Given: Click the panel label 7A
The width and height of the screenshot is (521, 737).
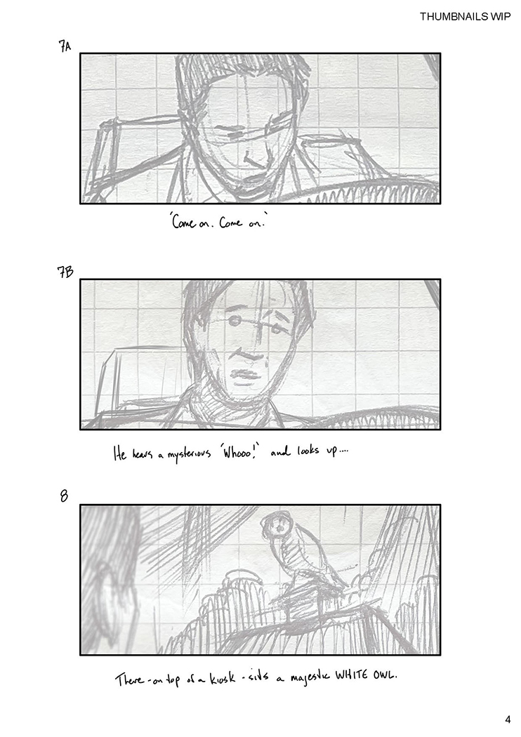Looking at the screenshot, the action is point(65,46).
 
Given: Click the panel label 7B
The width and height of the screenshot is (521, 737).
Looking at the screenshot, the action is point(65,272).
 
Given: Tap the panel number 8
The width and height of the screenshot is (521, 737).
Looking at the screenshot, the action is point(64,496).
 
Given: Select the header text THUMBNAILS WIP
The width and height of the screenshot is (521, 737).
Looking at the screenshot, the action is point(465,17).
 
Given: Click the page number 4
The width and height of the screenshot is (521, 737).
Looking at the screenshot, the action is point(508,719).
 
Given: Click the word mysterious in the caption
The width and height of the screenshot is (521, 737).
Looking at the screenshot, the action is point(187,455).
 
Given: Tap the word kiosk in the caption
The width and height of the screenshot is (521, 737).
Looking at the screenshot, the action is point(222,679).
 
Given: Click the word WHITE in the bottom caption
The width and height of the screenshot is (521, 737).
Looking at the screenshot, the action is point(352,677).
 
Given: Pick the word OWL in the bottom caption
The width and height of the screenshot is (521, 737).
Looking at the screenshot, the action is point(385,676).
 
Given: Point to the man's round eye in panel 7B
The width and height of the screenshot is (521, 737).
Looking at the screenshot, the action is point(234,321).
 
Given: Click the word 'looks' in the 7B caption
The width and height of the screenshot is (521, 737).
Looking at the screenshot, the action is point(308,452).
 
